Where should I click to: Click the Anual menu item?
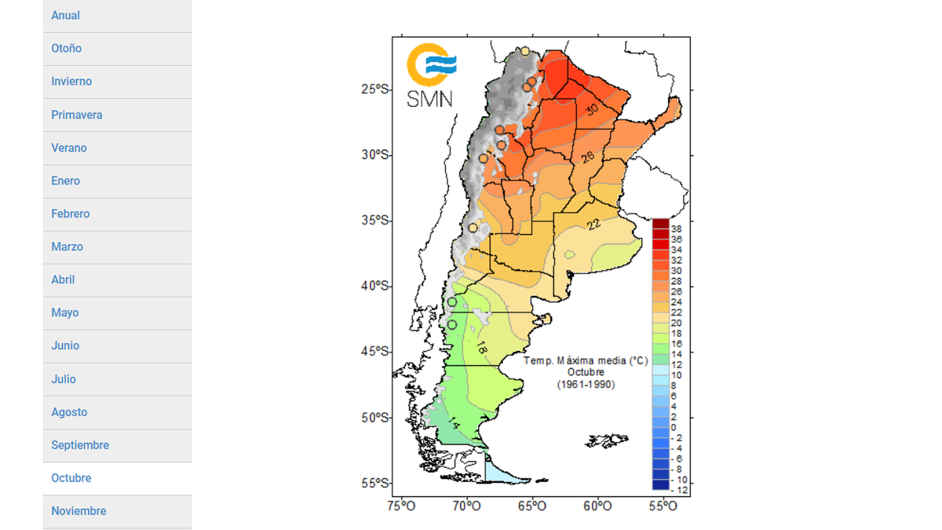(66, 16)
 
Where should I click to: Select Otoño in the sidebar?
(67, 49)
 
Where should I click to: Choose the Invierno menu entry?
(71, 82)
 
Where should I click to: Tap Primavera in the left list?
(77, 115)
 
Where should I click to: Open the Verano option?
(69, 148)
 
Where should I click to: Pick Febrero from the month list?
(71, 214)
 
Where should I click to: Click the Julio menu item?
(64, 379)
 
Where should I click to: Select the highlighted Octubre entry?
(71, 478)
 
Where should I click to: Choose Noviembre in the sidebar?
(78, 511)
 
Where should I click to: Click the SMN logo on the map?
(430, 75)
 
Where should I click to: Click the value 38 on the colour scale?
(677, 228)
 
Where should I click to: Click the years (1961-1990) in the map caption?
(586, 384)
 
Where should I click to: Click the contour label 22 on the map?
(593, 225)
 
